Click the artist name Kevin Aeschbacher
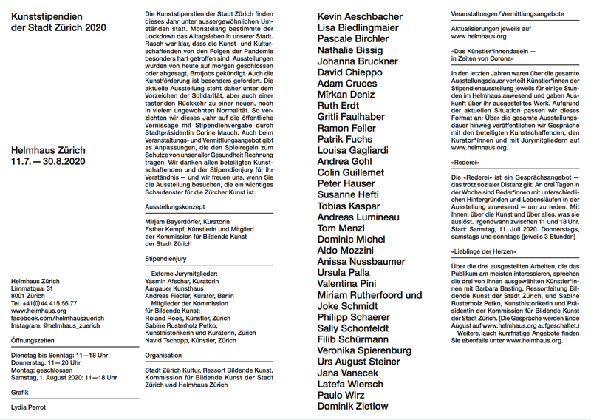[x=360, y=16]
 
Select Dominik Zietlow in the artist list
[x=352, y=406]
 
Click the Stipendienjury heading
[x=166, y=260]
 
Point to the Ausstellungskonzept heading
[x=175, y=208]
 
